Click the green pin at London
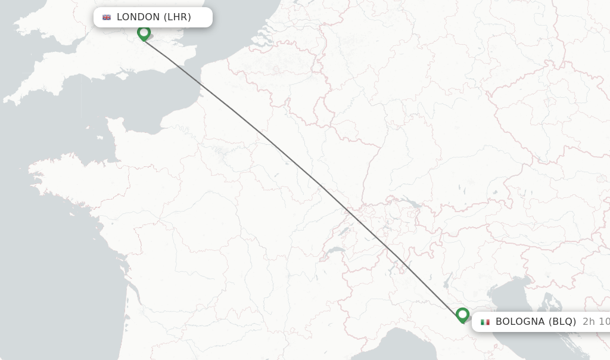point(144,33)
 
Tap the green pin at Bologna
point(462,314)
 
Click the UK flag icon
point(107,17)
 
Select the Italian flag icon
point(485,322)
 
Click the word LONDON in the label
point(138,17)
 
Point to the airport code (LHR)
point(178,17)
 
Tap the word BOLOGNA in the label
point(520,322)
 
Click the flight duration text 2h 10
point(596,322)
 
